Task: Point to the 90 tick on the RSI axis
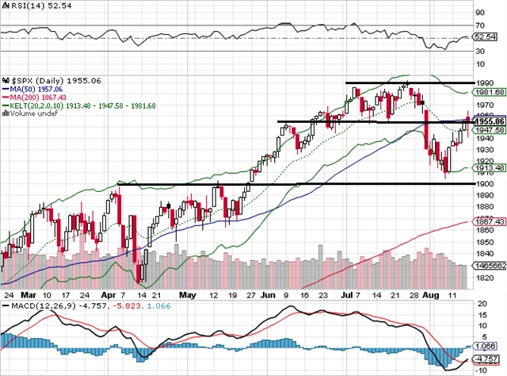(479, 13)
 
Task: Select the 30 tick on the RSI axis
(479, 51)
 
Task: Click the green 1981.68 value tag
(486, 92)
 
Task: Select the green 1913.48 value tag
(486, 168)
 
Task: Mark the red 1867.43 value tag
(486, 221)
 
